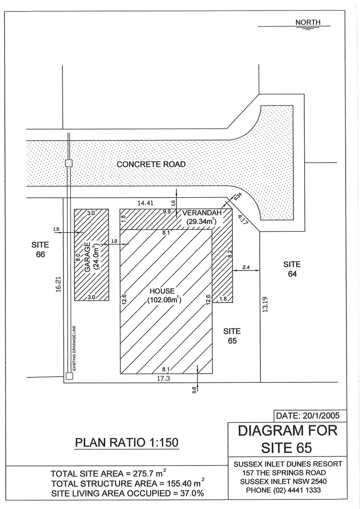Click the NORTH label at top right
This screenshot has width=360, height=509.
308,22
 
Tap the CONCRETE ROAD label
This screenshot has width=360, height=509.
151,164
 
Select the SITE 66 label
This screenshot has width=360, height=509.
40,249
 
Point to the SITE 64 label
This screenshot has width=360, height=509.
292,269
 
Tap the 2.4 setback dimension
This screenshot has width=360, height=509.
246,267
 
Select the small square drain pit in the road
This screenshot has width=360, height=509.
69,163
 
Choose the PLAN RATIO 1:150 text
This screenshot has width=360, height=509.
127,442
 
